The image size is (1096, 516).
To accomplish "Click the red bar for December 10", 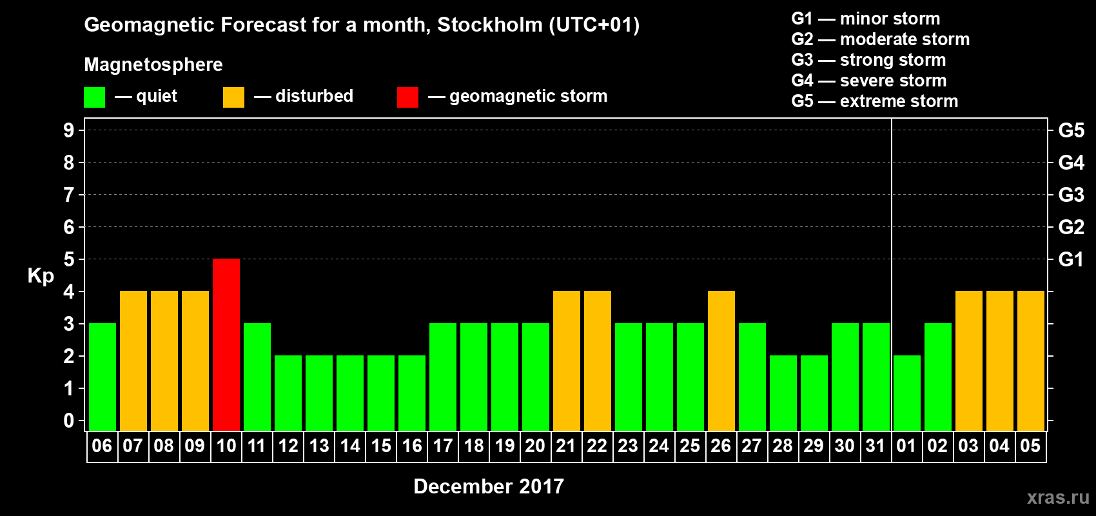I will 226,344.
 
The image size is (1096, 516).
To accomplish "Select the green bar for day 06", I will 103,377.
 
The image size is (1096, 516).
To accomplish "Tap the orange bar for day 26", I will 721,361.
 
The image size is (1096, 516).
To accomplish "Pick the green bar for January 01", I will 907,393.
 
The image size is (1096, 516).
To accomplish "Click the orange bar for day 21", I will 567,361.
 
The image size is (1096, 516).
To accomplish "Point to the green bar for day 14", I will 350,393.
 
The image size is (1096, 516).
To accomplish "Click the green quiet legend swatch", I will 94,97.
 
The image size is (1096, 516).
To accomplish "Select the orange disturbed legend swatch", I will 233,97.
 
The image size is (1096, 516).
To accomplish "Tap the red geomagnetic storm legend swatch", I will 407,97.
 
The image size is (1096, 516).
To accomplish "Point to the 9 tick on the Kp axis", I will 69,130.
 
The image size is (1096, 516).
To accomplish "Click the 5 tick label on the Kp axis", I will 69,259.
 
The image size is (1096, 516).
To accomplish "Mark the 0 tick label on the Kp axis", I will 69,421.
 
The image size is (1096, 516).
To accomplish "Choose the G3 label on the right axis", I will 1071,195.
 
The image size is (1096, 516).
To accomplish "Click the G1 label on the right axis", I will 1071,259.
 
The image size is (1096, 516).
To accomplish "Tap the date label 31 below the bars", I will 875,446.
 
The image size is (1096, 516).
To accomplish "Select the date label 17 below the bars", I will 442,446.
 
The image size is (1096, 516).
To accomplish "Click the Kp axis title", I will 41,276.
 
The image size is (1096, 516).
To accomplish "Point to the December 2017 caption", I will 488,486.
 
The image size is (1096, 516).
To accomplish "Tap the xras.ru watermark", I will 1058,497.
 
